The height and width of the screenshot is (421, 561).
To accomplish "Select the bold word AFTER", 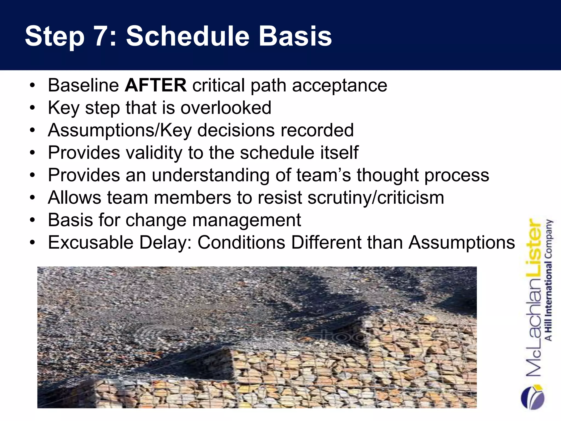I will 156,85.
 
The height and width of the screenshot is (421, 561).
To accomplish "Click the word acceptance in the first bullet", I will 340,85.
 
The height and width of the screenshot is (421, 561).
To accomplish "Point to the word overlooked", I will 226,108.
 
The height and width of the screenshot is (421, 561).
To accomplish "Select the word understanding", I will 210,175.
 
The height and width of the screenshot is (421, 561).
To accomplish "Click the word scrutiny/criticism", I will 376,198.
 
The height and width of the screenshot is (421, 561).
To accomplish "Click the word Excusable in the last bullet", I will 90,243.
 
